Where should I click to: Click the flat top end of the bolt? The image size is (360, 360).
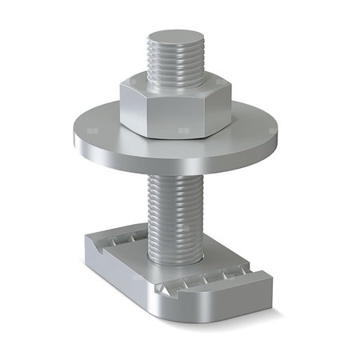point(175,38)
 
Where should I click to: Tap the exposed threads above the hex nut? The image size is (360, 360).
point(175,64)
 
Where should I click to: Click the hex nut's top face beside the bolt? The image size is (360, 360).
point(144,82)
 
